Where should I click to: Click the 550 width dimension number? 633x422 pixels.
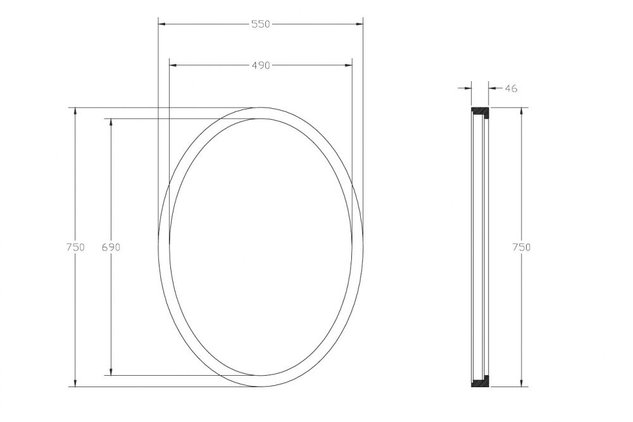260,24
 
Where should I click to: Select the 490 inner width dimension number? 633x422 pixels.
260,65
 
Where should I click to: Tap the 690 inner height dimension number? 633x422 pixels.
111,247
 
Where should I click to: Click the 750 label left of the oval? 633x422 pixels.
75,247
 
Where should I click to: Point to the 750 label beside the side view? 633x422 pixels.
521,247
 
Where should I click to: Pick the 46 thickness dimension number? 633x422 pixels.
511,88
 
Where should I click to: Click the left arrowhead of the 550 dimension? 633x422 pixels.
162,24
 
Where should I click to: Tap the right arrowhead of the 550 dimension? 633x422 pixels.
359,24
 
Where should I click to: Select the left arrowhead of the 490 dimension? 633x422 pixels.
173,65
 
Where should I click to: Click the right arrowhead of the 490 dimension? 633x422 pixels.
348,65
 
